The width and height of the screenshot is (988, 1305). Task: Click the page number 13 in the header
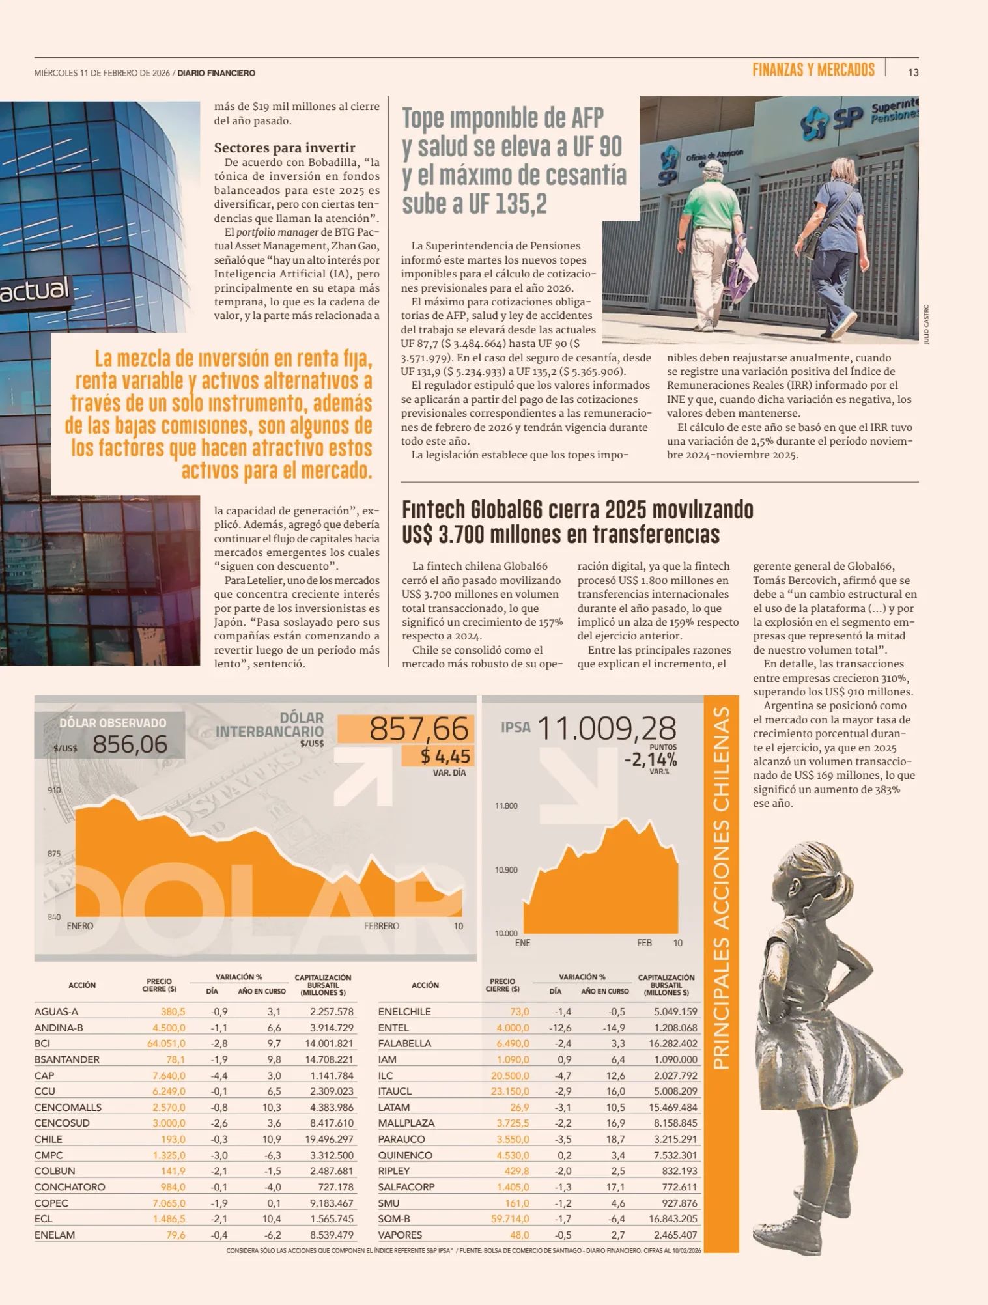913,72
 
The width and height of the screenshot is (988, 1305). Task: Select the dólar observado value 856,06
130,744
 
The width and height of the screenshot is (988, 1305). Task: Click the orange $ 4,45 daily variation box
445,756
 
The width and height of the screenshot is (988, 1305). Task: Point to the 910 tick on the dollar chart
54,790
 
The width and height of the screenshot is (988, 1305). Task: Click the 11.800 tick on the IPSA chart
506,806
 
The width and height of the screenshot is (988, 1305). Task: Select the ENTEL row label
393,1028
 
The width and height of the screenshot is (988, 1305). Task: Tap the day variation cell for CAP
219,1075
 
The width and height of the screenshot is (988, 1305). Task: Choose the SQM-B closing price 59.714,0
510,1218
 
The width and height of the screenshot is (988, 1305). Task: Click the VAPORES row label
400,1235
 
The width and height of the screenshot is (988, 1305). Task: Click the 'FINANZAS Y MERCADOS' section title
813,70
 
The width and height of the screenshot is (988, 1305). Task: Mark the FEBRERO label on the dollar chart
381,926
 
